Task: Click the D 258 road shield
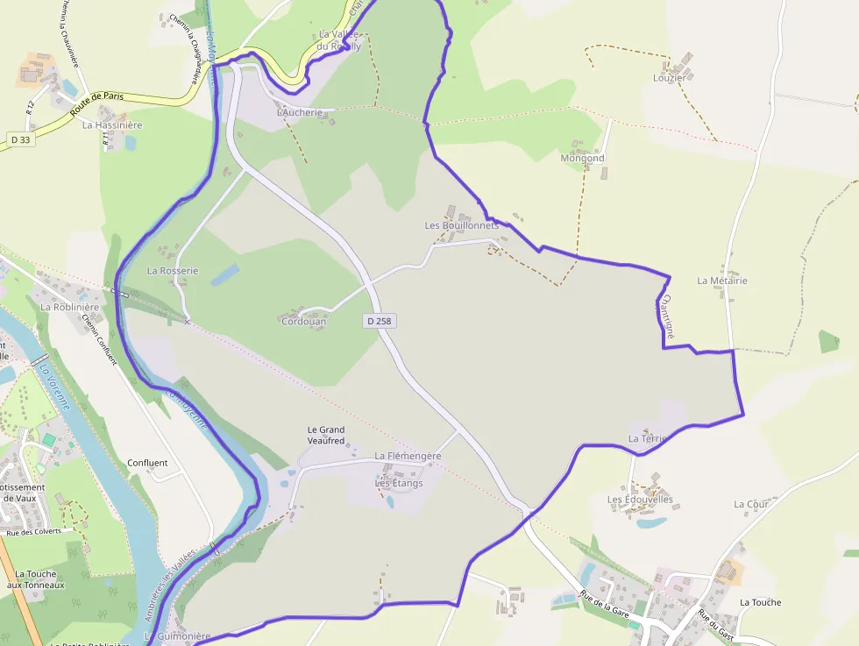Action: pos(380,322)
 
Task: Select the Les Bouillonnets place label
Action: pos(461,225)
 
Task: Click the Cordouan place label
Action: pos(303,322)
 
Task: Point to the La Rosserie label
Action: pos(173,271)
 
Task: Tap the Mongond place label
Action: pos(582,159)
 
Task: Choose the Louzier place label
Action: pos(669,78)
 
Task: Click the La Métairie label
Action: pos(722,280)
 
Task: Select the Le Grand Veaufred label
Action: pos(326,435)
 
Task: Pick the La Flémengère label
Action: pos(408,456)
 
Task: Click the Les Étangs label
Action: pos(399,483)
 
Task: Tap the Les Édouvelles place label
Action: pos(640,500)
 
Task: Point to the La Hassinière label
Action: pos(112,125)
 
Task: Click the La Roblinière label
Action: pos(69,307)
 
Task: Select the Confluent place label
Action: pos(147,463)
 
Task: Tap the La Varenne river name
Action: pos(53,388)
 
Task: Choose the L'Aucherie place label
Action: pos(306,113)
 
